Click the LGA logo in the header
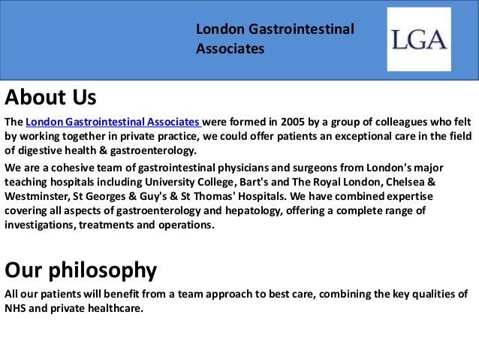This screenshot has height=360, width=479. click(419, 39)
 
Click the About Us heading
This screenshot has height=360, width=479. click(50, 98)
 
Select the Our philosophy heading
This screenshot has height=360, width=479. click(80, 269)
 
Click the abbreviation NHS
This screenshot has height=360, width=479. click(17, 307)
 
